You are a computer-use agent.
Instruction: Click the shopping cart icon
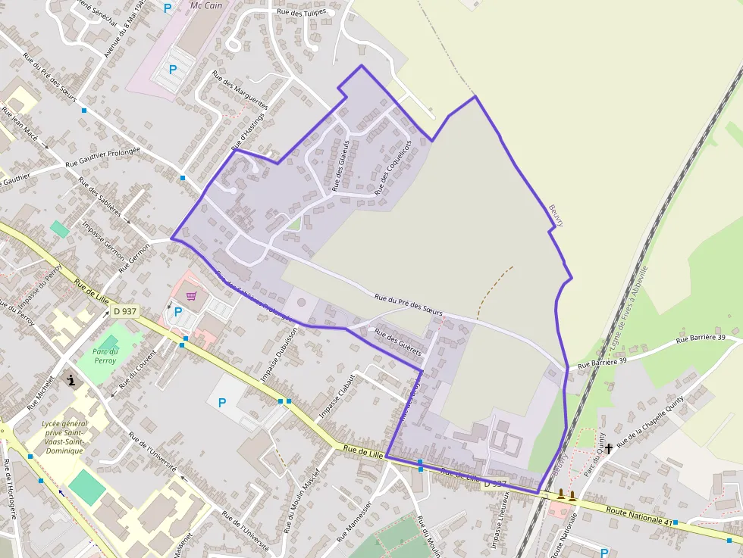(x=191, y=295)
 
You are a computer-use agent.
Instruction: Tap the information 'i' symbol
(x=72, y=381)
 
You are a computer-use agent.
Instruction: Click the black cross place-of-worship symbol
(x=608, y=449)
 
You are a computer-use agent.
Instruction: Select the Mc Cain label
(x=207, y=5)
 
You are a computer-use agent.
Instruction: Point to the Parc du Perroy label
(x=105, y=356)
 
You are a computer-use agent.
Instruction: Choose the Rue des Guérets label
(x=398, y=343)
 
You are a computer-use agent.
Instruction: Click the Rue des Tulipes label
(x=301, y=11)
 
